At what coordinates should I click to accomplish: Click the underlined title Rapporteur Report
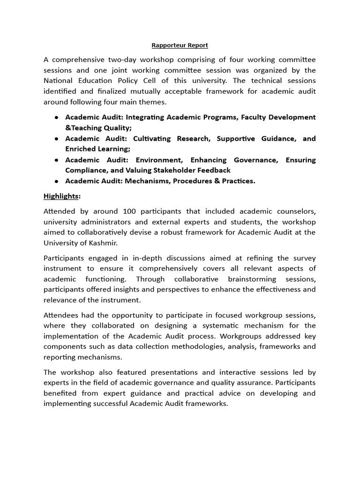click(x=180, y=45)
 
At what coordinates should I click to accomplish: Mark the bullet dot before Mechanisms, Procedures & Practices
click(x=56, y=181)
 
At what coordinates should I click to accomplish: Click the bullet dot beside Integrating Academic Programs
click(x=56, y=117)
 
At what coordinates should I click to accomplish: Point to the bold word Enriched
click(x=81, y=149)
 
